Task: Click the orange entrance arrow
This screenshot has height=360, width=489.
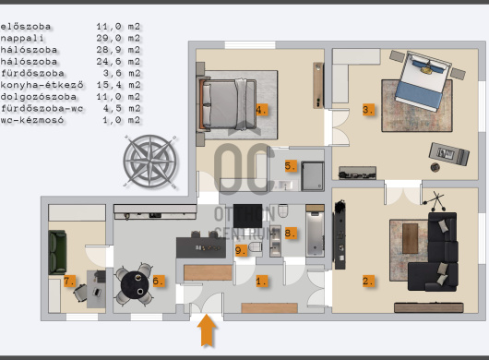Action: pyautogui.click(x=207, y=330)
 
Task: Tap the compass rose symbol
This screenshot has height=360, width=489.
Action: pyautogui.click(x=150, y=162)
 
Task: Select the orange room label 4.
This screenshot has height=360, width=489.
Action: pyautogui.click(x=261, y=110)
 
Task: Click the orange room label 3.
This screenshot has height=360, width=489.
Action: pyautogui.click(x=368, y=110)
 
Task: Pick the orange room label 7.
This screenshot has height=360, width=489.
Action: pyautogui.click(x=69, y=281)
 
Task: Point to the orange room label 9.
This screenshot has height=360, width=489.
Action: pyautogui.click(x=241, y=250)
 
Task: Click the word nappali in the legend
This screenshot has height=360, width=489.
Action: pyautogui.click(x=22, y=39)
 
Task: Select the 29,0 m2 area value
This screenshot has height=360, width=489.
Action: pyautogui.click(x=118, y=39)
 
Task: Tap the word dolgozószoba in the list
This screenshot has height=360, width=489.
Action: pyautogui.click(x=39, y=97)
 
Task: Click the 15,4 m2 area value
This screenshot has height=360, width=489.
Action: pyautogui.click(x=118, y=85)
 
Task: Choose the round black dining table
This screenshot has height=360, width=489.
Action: pyautogui.click(x=135, y=285)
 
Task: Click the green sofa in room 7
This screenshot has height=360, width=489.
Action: pyautogui.click(x=57, y=252)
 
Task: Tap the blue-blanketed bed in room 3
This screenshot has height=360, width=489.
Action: pyautogui.click(x=422, y=80)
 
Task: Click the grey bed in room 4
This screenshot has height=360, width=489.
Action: pyautogui.click(x=228, y=104)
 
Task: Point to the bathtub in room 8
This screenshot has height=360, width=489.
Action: pyautogui.click(x=315, y=232)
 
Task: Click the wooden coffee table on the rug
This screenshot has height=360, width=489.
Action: pyautogui.click(x=410, y=238)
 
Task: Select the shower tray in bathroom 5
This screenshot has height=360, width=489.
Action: pyautogui.click(x=312, y=176)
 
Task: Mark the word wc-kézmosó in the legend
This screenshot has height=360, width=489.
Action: pyautogui.click(x=32, y=120)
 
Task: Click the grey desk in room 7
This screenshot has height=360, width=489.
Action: pyautogui.click(x=96, y=289)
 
